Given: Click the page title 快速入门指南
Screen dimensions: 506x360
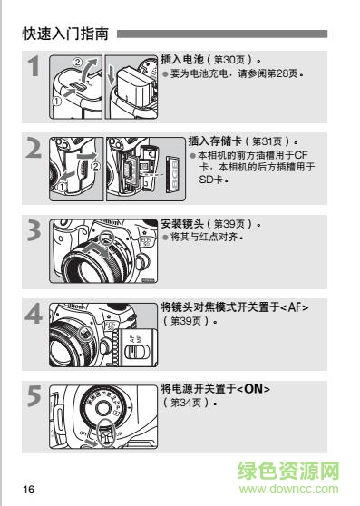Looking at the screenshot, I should (x=66, y=35).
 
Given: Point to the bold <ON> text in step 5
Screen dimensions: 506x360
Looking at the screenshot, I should (x=254, y=389).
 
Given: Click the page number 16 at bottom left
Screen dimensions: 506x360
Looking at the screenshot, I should (x=28, y=490).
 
